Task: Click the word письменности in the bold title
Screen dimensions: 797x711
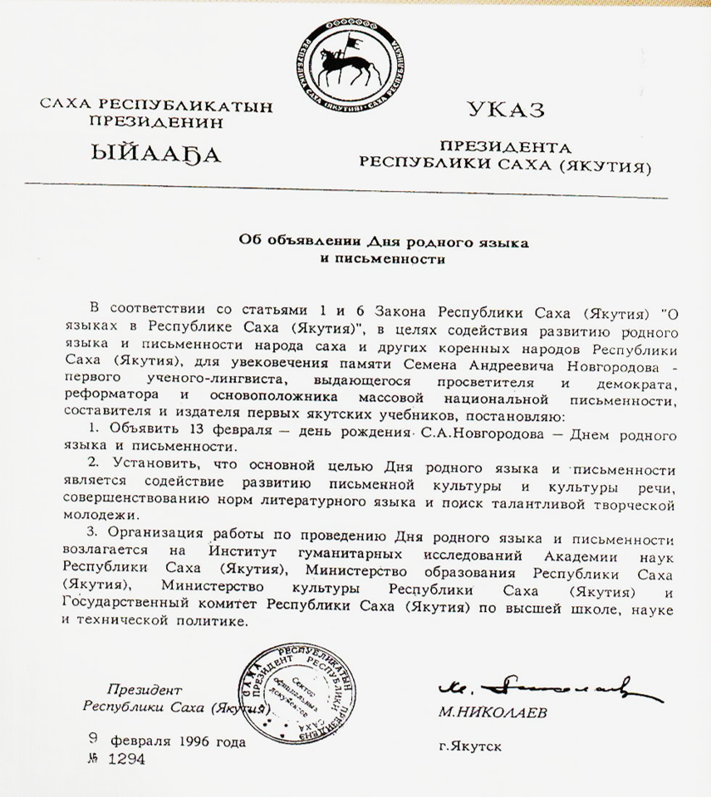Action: point(380,259)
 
